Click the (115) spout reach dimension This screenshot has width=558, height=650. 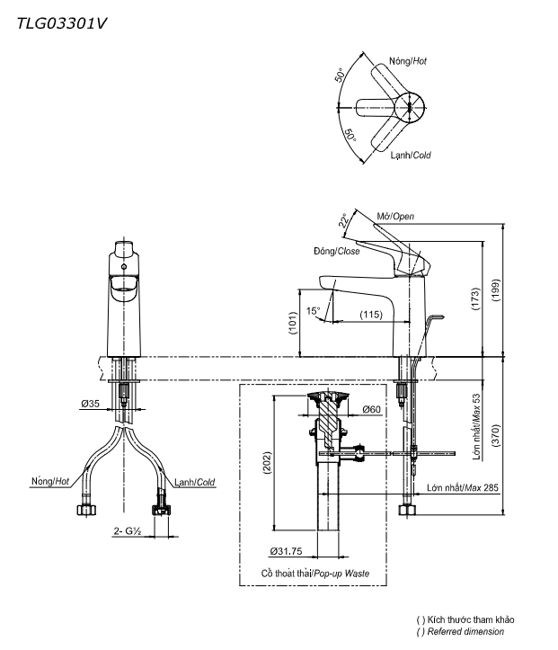(x=371, y=314)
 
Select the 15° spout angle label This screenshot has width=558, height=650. (x=313, y=311)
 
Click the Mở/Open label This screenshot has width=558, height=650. (x=395, y=217)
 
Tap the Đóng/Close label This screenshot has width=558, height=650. (x=337, y=252)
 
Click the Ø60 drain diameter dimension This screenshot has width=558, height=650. (x=372, y=409)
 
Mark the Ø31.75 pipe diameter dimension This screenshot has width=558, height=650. (x=286, y=551)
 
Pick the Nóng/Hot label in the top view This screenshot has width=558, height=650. (x=407, y=60)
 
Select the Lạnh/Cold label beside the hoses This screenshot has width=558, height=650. (x=195, y=482)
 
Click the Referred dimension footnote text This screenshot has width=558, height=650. (x=465, y=632)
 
